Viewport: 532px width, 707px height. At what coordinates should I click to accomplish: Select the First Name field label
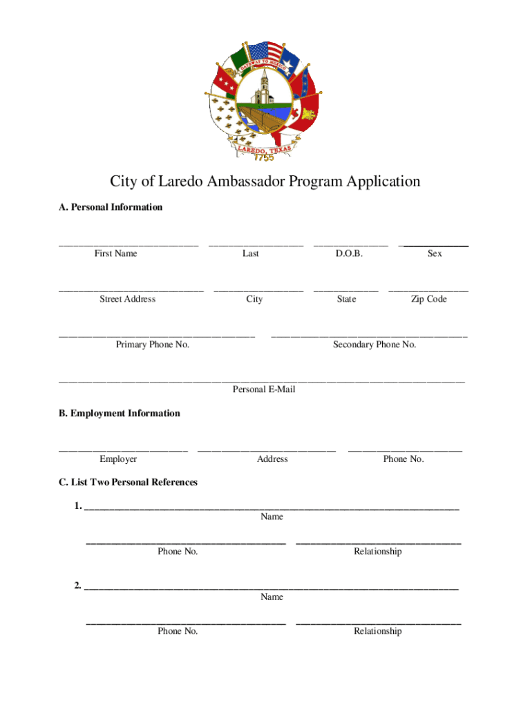116,253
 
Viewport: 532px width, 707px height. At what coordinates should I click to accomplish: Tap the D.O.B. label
349,253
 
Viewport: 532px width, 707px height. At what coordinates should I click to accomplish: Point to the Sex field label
435,253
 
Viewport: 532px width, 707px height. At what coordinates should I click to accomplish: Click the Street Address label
127,299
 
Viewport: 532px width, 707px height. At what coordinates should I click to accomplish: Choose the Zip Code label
429,299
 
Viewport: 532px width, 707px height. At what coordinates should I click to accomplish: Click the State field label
346,299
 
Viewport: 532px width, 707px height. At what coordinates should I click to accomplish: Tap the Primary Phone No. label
153,345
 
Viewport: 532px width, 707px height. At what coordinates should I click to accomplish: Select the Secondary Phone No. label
374,345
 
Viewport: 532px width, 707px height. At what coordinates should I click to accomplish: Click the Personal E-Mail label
264,390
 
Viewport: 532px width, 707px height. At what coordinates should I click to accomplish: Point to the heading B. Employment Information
120,414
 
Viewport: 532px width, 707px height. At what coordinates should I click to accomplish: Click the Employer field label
118,459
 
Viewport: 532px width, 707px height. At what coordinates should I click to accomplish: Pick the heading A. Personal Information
111,207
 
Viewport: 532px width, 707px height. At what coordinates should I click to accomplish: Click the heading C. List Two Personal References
129,482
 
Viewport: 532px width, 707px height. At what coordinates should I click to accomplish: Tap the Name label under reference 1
272,516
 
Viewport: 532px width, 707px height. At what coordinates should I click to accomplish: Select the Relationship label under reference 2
377,631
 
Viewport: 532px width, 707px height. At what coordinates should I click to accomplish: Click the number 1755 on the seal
263,157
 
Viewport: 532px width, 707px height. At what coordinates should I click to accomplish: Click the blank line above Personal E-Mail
262,381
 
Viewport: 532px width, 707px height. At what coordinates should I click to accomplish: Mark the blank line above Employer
123,451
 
